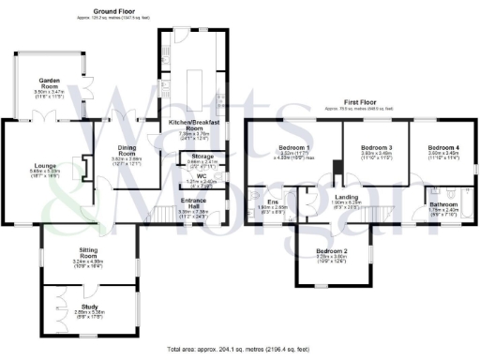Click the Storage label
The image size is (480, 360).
(x=202, y=156)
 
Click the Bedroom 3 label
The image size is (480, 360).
(x=376, y=148)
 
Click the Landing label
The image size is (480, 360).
(x=347, y=197)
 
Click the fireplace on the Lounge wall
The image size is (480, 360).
(x=82, y=167)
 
